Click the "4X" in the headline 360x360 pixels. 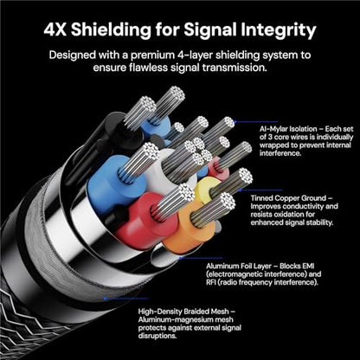click(x=55, y=29)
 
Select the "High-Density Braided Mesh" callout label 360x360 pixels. click(x=184, y=312)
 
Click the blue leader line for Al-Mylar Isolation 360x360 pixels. click(x=256, y=122)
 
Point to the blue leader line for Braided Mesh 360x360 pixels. click(x=125, y=299)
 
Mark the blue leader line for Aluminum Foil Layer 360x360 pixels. click(x=200, y=258)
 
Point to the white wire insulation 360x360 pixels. click(x=162, y=173)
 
